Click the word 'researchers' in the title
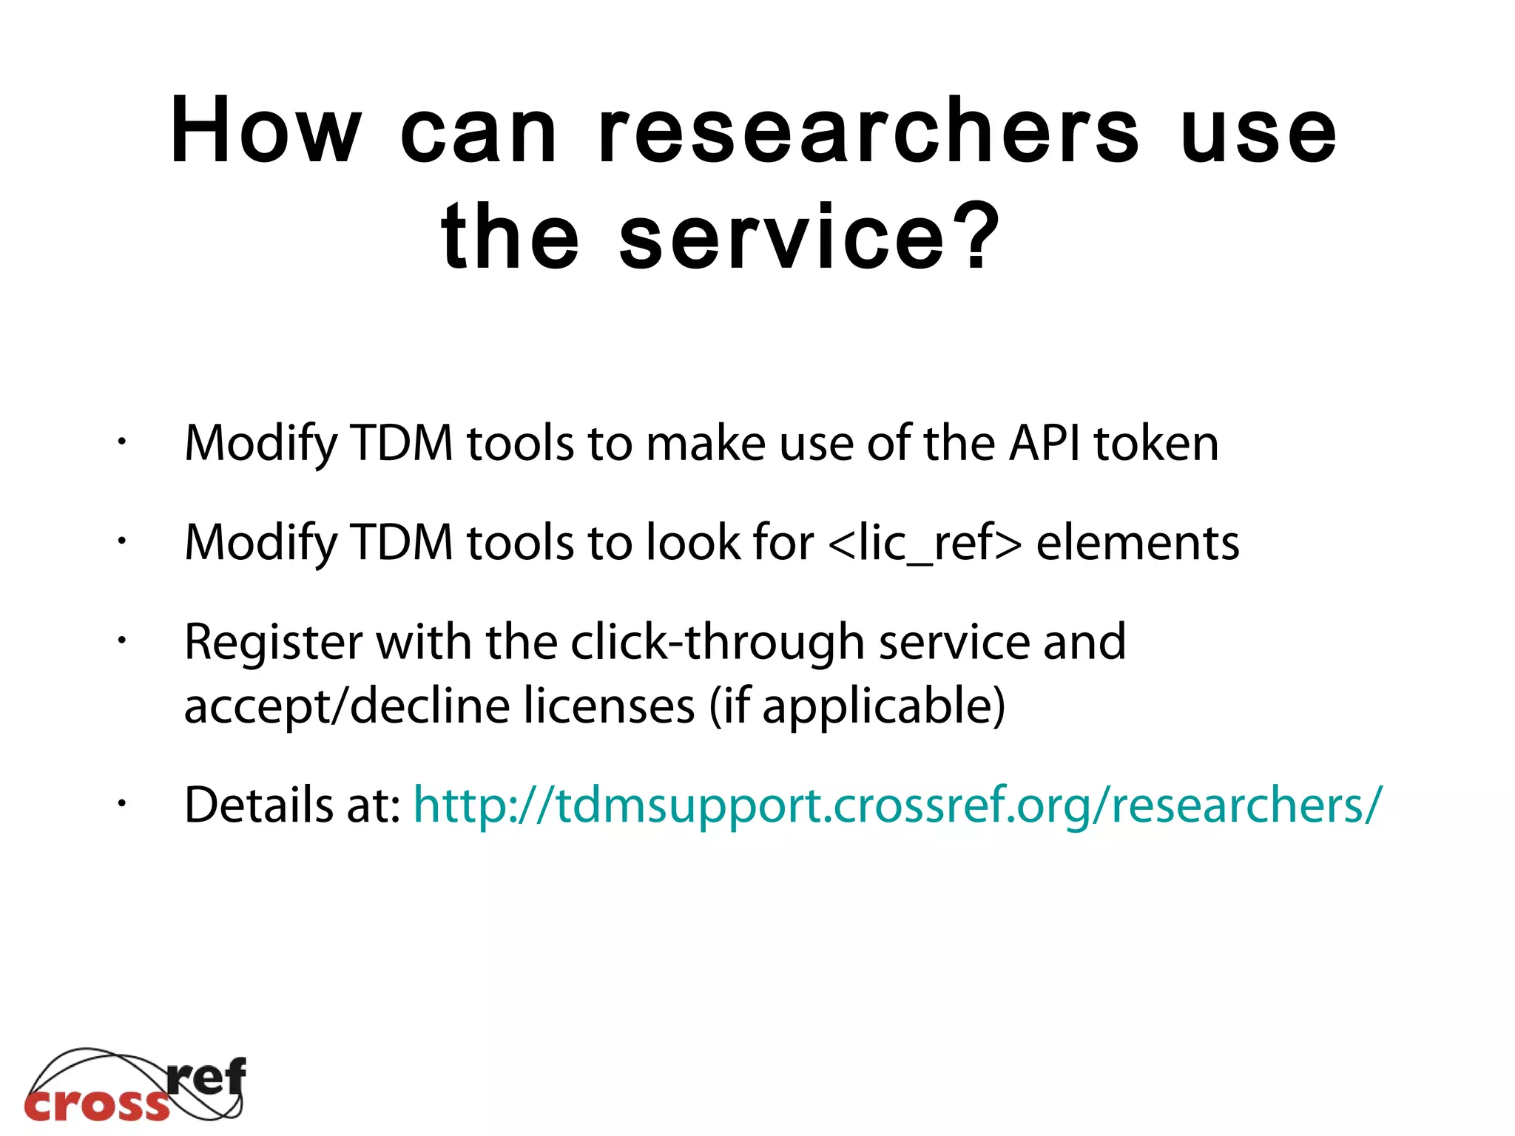point(868,132)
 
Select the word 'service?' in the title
point(809,237)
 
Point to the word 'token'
point(1156,444)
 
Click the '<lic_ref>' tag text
point(925,543)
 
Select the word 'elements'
point(1138,543)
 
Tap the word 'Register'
point(273,642)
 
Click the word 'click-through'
point(718,642)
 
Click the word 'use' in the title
point(1258,132)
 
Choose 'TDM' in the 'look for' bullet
point(401,543)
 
